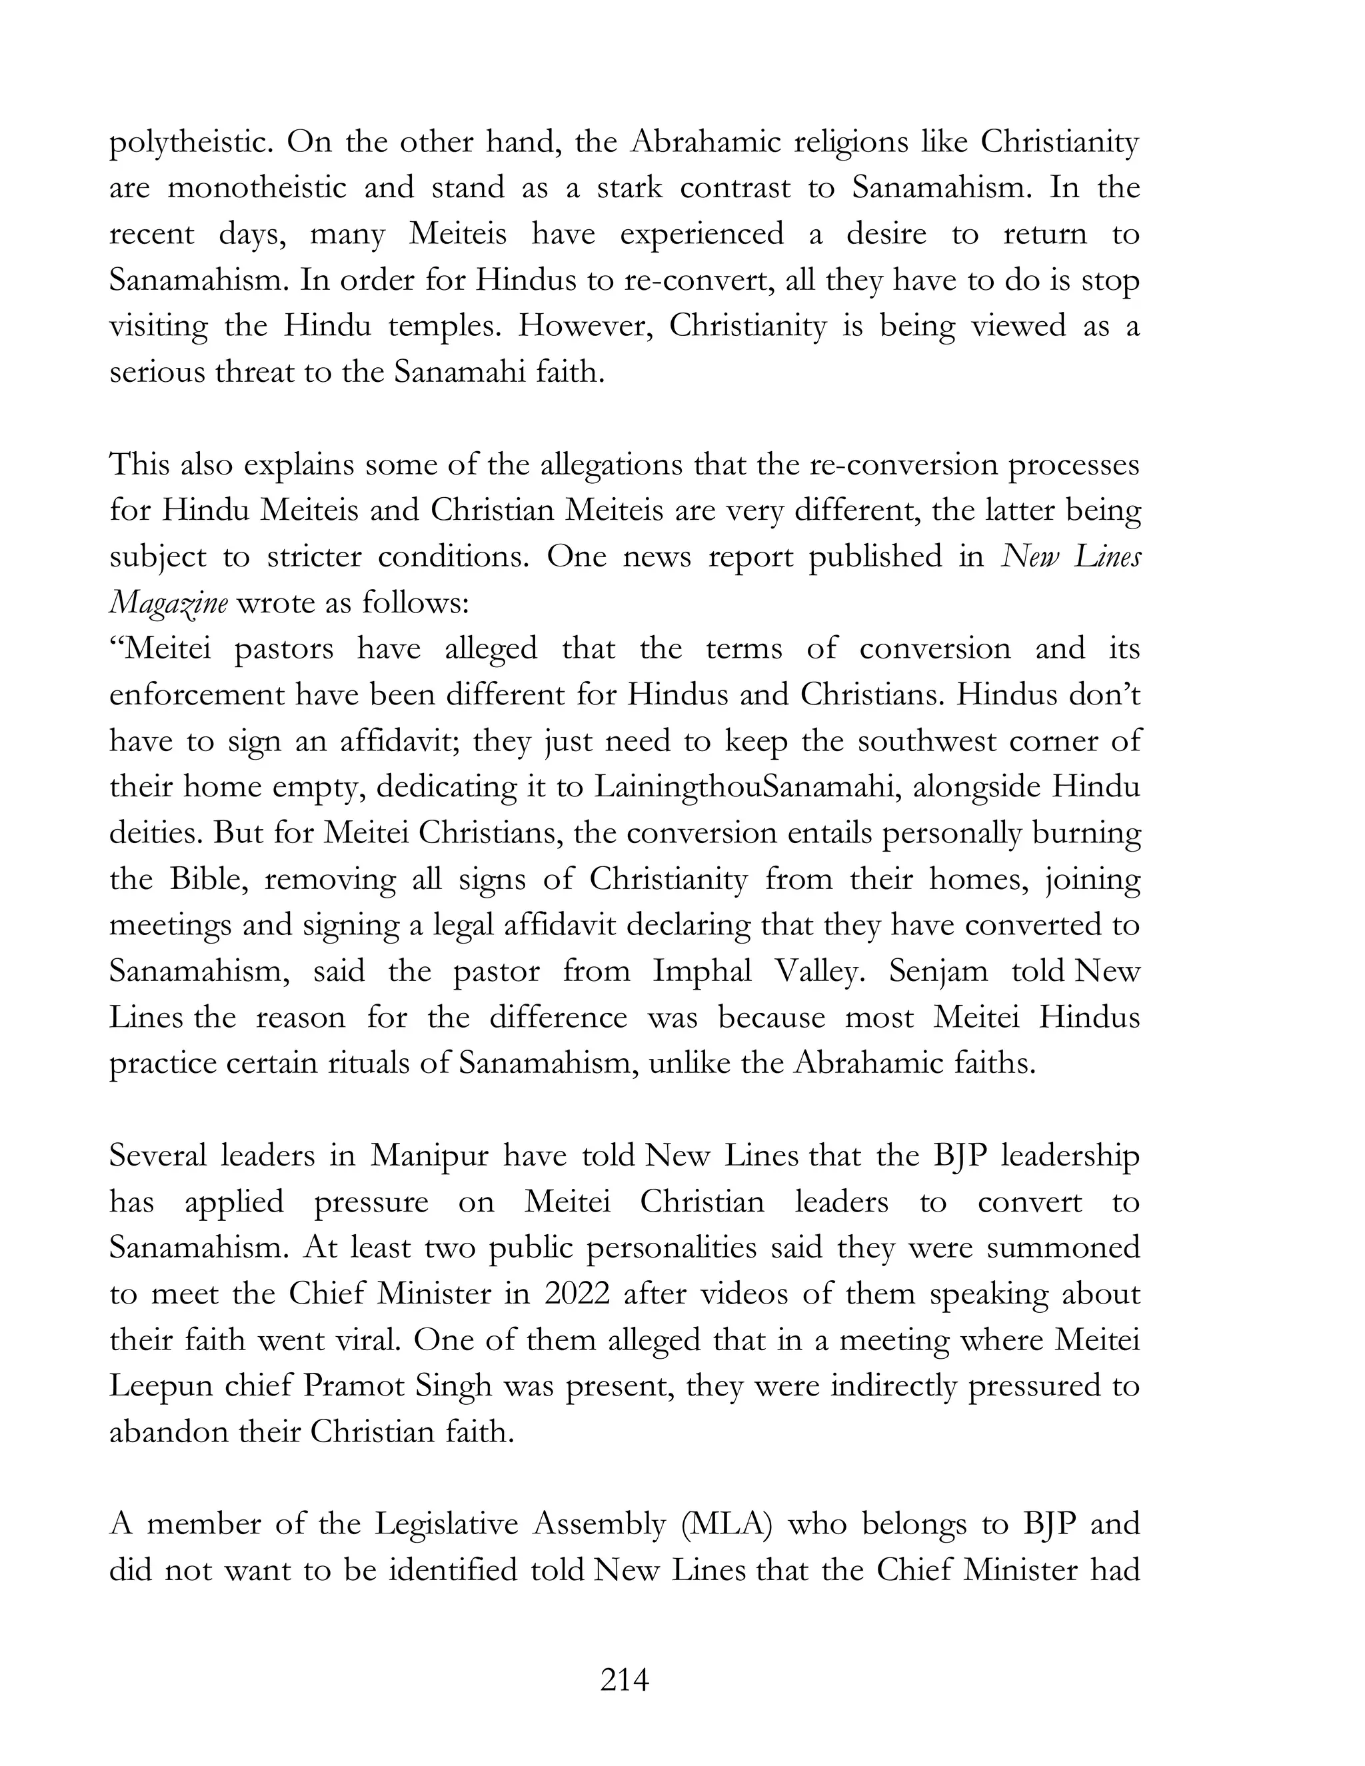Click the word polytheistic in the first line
click(193, 143)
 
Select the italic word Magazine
click(168, 603)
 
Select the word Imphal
click(702, 971)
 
